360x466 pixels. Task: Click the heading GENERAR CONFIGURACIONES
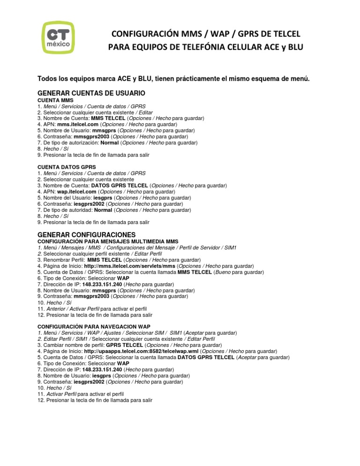coord(86,234)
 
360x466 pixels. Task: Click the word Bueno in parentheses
coord(223,272)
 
